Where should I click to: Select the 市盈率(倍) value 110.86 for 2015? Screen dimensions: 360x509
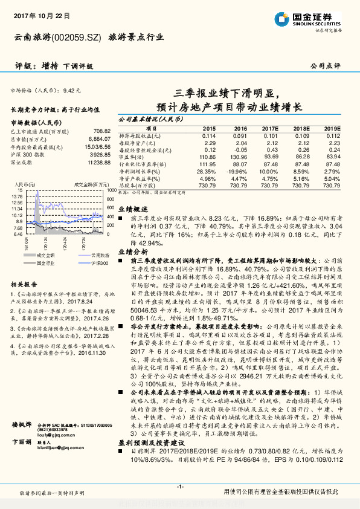(x=207, y=156)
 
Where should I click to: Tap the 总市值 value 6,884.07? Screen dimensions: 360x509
(x=99, y=138)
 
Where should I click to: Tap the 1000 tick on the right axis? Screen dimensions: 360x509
(x=111, y=190)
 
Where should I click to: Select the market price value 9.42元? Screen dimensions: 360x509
(x=71, y=89)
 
